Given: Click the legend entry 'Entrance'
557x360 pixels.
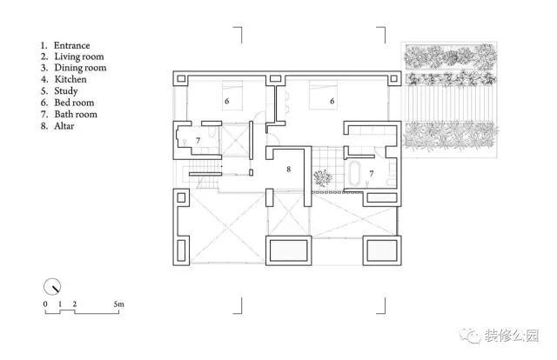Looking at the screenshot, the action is click(71, 45).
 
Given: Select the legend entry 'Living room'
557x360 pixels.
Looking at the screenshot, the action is click(79, 57).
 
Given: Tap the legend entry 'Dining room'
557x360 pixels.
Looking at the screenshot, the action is click(80, 68).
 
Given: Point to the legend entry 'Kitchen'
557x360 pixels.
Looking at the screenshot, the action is click(70, 79).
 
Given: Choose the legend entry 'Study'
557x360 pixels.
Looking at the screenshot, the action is click(66, 91).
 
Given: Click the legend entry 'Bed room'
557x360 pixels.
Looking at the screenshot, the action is click(74, 103).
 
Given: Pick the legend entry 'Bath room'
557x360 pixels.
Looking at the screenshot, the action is click(76, 114).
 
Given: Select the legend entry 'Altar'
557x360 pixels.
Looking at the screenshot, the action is click(64, 126).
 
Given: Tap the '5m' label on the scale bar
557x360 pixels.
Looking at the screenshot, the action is click(119, 303).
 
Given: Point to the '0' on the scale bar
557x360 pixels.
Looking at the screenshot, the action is click(45, 303).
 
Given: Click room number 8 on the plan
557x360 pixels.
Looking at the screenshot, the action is click(288, 170).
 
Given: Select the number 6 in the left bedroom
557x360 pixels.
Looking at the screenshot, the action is click(226, 101).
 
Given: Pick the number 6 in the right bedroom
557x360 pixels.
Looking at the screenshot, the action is click(332, 101).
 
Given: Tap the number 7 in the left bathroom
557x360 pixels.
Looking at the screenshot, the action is click(198, 141).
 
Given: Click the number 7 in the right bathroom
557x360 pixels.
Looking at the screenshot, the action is click(372, 174).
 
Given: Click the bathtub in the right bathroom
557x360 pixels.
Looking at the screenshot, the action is click(355, 173).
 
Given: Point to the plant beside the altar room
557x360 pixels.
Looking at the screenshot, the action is click(323, 178).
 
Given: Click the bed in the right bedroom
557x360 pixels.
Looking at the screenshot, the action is click(323, 95).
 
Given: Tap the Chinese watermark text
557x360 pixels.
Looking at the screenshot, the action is click(511, 336).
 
